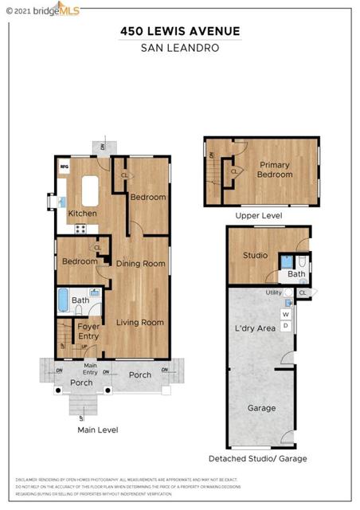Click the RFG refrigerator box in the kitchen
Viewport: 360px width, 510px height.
point(65,167)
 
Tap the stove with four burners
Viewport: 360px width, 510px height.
point(80,229)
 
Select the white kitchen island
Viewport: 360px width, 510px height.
point(88,191)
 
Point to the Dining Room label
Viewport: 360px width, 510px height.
point(140,264)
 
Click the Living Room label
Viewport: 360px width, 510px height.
point(140,323)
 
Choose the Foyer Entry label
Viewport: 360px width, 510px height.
point(88,331)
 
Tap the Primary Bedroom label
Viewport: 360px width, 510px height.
point(274,170)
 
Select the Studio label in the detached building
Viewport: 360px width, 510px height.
point(255,256)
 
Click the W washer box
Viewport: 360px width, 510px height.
point(285,314)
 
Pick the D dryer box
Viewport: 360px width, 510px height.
point(285,325)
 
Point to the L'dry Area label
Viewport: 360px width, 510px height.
point(254,328)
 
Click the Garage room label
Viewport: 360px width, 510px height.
point(260,408)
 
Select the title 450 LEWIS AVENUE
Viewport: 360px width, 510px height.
point(179,31)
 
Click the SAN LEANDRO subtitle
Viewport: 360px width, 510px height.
point(179,47)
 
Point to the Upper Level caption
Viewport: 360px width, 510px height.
point(259,216)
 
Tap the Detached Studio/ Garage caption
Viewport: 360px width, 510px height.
point(257,458)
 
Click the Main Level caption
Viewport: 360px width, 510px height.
point(97,430)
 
